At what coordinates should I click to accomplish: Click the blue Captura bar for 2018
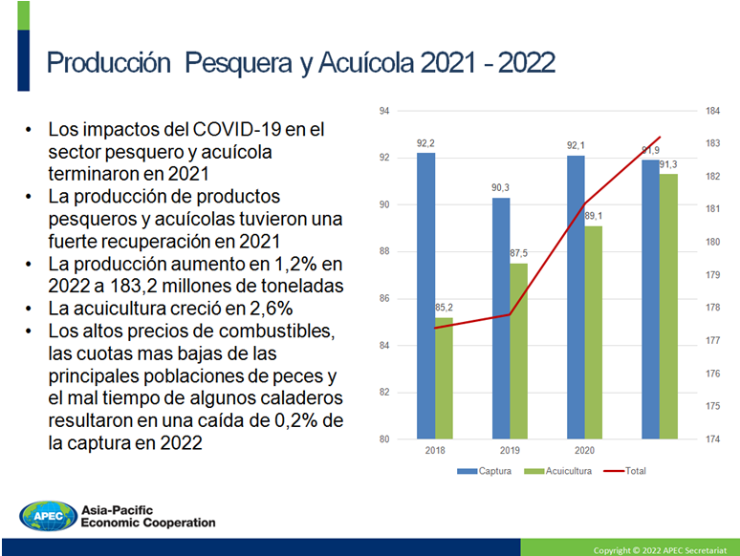(x=425, y=296)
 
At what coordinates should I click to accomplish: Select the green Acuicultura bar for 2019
(x=518, y=352)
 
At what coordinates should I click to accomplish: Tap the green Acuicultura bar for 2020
(x=593, y=332)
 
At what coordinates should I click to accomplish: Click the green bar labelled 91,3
(x=668, y=307)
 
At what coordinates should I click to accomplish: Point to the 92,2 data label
(x=425, y=143)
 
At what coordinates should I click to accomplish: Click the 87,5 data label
(x=518, y=253)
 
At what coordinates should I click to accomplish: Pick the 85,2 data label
(x=444, y=308)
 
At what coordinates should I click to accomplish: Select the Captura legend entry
(x=484, y=471)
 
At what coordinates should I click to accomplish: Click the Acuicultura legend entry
(x=557, y=471)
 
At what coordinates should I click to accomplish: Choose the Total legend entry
(x=625, y=471)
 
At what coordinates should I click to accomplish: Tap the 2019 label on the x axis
(x=510, y=450)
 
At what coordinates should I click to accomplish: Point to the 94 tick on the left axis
(x=384, y=111)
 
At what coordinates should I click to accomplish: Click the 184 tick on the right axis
(x=712, y=111)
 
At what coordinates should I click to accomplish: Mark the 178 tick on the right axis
(x=712, y=308)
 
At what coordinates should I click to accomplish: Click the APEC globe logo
(x=48, y=516)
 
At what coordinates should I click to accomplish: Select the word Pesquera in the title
(x=238, y=63)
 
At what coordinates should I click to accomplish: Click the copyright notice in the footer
(x=660, y=550)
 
